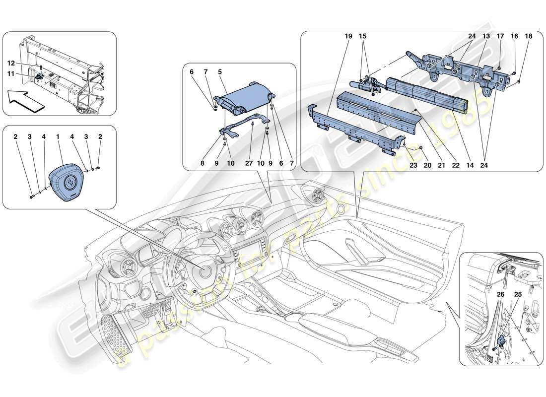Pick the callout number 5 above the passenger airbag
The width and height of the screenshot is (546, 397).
(220, 71)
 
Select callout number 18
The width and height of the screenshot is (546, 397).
(528, 37)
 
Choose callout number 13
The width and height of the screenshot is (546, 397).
(486, 37)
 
